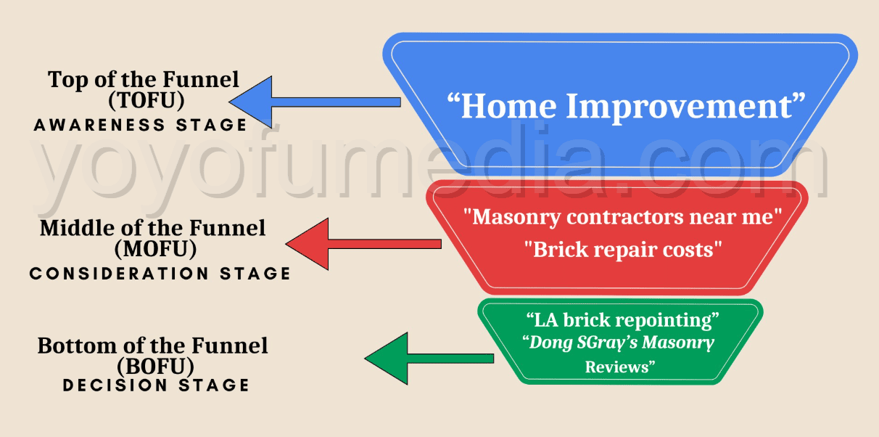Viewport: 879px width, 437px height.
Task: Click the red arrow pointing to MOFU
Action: click(x=363, y=245)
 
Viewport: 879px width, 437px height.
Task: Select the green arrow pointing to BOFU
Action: click(x=428, y=359)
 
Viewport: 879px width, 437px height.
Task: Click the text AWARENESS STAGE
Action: click(x=141, y=125)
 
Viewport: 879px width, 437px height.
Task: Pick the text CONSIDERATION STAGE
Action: click(x=160, y=274)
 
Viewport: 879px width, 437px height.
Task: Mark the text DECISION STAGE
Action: click(x=156, y=385)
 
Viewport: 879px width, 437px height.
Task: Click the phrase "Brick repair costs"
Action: click(x=623, y=250)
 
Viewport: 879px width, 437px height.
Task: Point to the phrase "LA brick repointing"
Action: click(x=622, y=320)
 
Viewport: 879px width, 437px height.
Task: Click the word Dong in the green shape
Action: click(x=553, y=343)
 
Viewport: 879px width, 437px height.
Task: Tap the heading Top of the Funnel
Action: click(x=143, y=79)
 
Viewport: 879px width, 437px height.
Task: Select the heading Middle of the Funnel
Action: click(x=152, y=228)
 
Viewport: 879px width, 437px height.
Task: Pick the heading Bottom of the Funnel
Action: click(x=152, y=346)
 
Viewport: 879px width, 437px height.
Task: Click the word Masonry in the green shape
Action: click(x=680, y=343)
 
